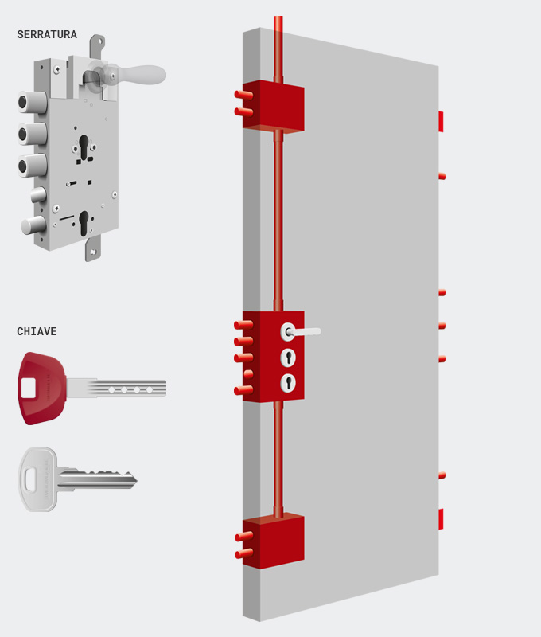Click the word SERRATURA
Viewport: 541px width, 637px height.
pyautogui.click(x=47, y=34)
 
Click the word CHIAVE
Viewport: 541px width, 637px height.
pyautogui.click(x=37, y=331)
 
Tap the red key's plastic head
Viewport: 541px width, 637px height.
pyautogui.click(x=41, y=389)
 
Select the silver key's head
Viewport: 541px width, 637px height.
pyautogui.click(x=37, y=479)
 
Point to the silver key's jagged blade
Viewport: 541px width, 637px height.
pyautogui.click(x=97, y=479)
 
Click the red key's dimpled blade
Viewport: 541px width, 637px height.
pyautogui.click(x=117, y=389)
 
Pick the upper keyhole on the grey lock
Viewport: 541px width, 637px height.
pyautogui.click(x=84, y=147)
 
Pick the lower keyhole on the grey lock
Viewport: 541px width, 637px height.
pyautogui.click(x=84, y=223)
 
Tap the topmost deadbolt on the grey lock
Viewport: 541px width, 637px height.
pyautogui.click(x=32, y=102)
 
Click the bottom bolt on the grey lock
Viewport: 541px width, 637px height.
pyautogui.click(x=33, y=225)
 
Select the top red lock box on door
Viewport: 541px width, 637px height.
pyautogui.click(x=274, y=107)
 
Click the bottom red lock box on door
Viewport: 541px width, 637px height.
pyautogui.click(x=274, y=541)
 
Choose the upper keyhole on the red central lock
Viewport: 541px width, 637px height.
pyautogui.click(x=288, y=358)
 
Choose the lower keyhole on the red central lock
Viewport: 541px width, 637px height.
pyautogui.click(x=288, y=383)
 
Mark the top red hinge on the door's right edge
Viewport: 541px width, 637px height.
pyautogui.click(x=441, y=122)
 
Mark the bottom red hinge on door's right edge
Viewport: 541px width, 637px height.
pyautogui.click(x=441, y=519)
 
